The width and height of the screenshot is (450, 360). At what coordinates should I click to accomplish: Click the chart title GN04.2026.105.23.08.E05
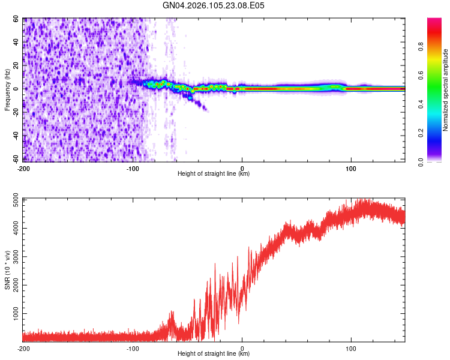coord(214,6)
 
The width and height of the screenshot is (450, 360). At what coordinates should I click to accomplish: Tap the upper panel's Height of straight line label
coord(214,174)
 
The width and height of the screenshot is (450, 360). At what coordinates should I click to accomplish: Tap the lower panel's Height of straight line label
coord(214,354)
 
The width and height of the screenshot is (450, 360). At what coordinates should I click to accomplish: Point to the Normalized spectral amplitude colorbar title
coord(446,90)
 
